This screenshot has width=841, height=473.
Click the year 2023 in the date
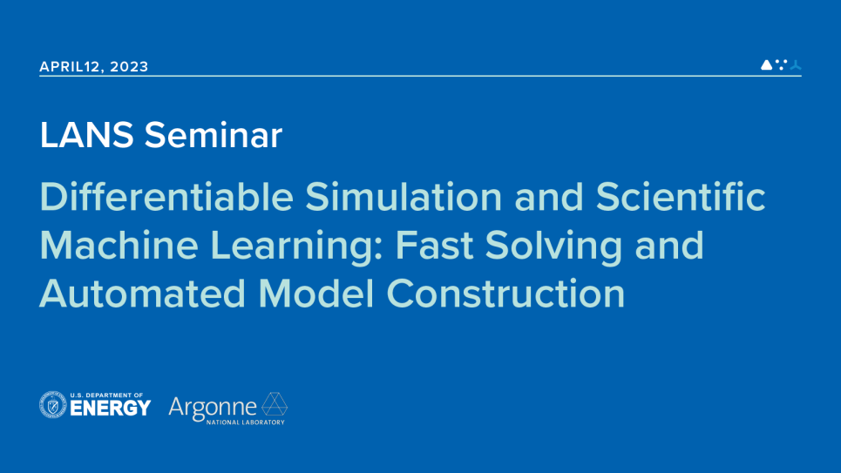pos(130,67)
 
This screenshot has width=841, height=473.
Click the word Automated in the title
pos(143,294)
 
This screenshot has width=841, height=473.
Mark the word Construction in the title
pos(506,294)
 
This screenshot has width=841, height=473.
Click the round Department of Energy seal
pos(53,405)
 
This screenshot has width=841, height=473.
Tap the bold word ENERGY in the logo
pos(110,409)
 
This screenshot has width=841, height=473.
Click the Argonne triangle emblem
pos(275,404)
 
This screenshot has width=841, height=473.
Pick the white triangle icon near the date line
pos(766,64)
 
